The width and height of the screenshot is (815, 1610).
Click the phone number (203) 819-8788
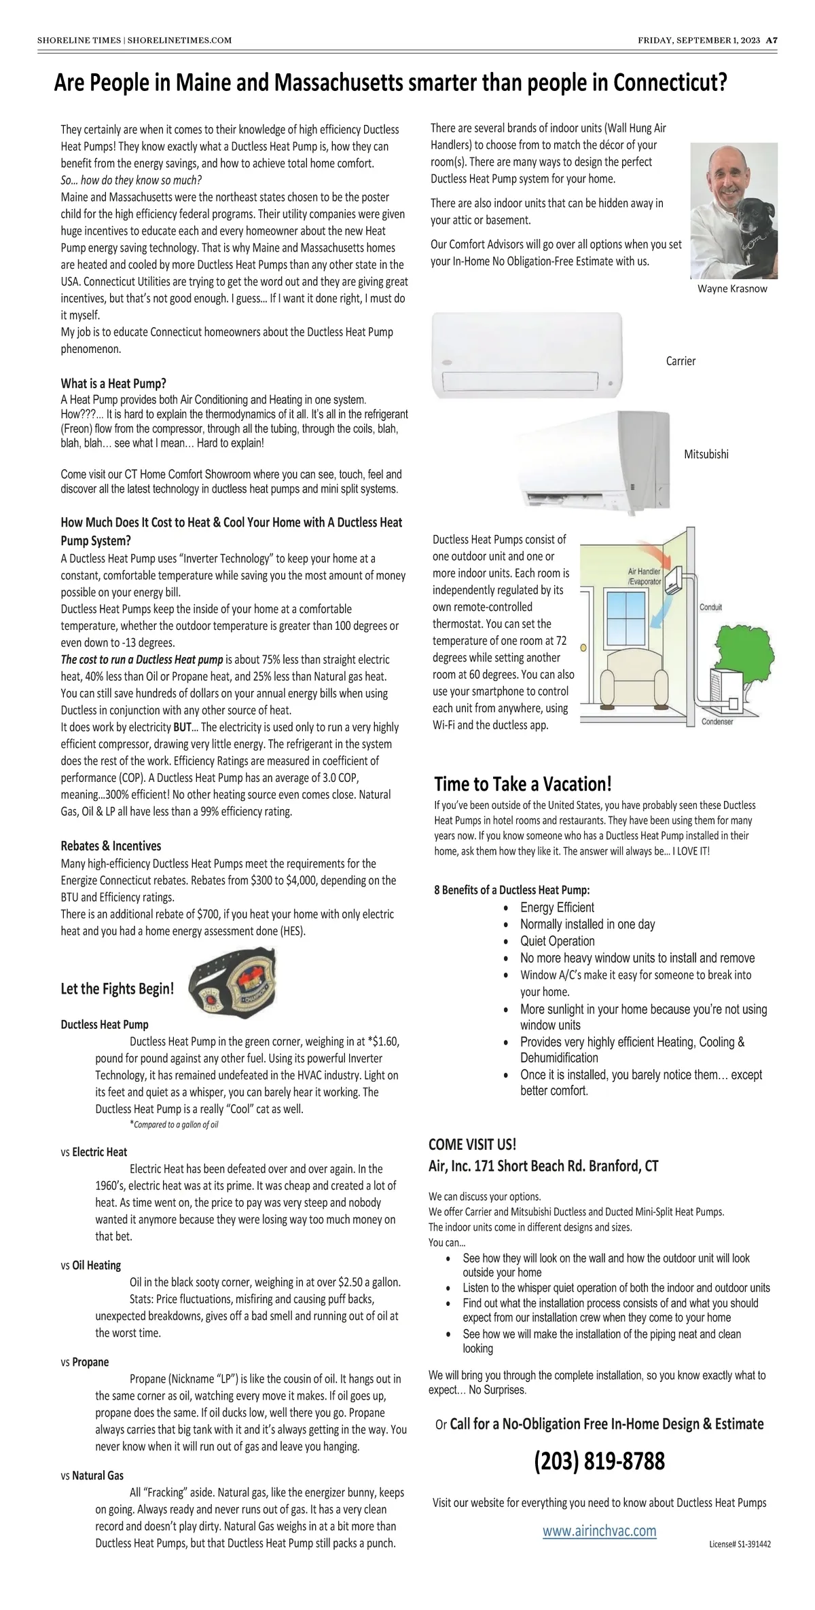[x=599, y=1461]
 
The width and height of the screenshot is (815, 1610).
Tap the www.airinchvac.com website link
[x=599, y=1531]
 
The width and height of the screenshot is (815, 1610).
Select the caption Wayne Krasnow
[x=732, y=288]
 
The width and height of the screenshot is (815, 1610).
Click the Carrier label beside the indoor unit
[x=681, y=361]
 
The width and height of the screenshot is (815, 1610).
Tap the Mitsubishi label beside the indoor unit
[x=706, y=454]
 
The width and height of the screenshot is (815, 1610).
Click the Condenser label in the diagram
[x=717, y=722]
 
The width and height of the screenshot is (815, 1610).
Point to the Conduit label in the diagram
[x=710, y=607]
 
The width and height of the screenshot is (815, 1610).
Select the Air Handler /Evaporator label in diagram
[x=644, y=576]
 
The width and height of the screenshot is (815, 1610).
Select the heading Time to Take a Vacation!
[x=523, y=784]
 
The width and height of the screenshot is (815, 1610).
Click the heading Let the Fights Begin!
[x=117, y=989]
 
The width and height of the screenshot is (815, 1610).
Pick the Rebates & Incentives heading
[x=111, y=846]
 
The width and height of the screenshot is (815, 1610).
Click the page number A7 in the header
[x=772, y=40]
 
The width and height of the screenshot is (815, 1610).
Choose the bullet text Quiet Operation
[x=557, y=941]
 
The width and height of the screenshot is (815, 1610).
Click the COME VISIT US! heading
[x=472, y=1144]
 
